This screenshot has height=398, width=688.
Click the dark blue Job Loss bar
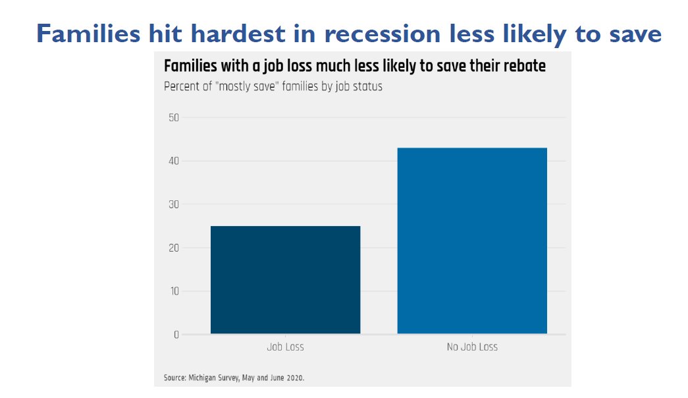point(285,279)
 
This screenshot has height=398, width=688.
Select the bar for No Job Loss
point(472,241)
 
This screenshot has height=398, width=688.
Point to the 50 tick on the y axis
point(174,117)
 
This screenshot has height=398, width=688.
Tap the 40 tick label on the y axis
point(174,161)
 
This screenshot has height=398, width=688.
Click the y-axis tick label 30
point(174,204)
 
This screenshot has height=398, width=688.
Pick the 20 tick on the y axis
point(174,248)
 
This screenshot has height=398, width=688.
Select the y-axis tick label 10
point(174,291)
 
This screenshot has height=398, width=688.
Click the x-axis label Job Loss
point(285,347)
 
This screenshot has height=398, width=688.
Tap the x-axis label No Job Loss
point(472,347)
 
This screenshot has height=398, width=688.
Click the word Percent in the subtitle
point(182,86)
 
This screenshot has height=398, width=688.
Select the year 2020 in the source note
point(294,378)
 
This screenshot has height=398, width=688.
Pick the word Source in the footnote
point(173,378)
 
